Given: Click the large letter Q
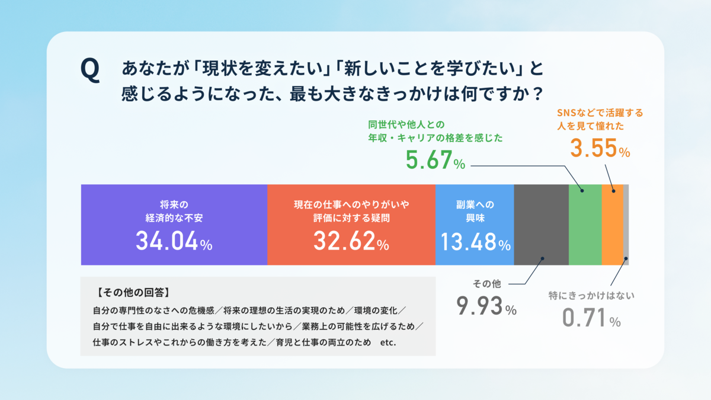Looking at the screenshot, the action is [x=90, y=70].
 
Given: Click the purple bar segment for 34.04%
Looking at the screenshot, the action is [x=174, y=225].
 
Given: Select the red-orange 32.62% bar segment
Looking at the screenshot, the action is [x=351, y=225].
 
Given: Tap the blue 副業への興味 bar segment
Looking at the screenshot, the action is [x=475, y=225].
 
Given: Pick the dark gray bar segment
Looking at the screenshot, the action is [x=542, y=225].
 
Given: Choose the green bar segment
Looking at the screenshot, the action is [x=585, y=225].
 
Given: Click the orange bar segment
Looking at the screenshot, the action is [x=613, y=225].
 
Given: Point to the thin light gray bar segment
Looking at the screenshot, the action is [x=626, y=225].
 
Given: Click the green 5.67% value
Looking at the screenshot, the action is [x=435, y=159].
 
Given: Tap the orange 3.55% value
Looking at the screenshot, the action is [x=600, y=148].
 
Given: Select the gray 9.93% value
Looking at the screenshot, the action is [x=486, y=306].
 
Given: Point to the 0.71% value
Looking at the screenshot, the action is [x=591, y=318].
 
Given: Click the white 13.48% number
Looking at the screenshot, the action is [x=476, y=242].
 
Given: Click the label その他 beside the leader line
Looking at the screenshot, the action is [x=487, y=284].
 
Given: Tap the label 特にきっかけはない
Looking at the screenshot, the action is [x=592, y=296].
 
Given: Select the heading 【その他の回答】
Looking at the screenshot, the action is [x=134, y=292].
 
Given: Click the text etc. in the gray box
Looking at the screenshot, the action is [x=388, y=343].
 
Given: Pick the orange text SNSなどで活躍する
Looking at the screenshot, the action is [x=600, y=113].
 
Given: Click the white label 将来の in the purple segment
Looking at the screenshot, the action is [x=174, y=204].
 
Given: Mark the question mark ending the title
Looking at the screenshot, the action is [x=538, y=94].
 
